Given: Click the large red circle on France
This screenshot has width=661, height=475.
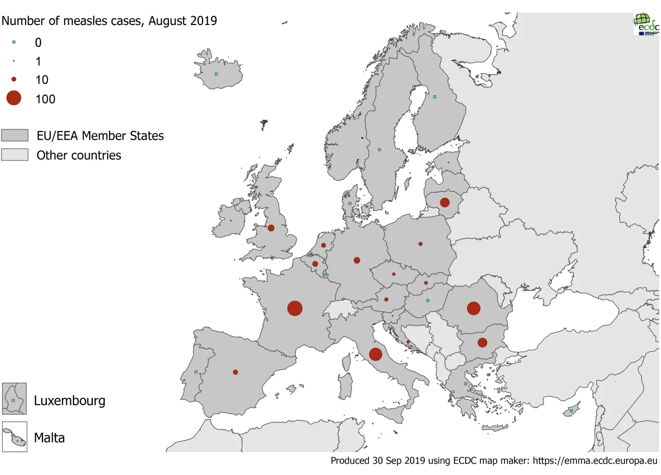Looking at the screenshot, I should (x=295, y=308).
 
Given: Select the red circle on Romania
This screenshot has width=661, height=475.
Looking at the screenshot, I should (x=473, y=308).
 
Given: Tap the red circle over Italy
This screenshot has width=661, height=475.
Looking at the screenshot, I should (x=375, y=354).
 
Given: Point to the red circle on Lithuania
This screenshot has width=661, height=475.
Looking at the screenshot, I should (x=445, y=202).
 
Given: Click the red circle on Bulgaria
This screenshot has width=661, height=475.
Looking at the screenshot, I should (x=482, y=342).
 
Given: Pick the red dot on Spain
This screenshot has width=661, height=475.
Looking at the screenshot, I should (x=235, y=372).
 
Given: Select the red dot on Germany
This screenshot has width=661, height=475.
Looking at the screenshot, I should (x=357, y=260).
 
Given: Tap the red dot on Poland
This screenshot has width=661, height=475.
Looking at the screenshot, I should (x=420, y=244).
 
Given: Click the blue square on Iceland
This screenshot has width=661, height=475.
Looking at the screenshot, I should (x=216, y=74).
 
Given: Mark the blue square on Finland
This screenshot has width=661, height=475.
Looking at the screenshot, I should (x=435, y=97).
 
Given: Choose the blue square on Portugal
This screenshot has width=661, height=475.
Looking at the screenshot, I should (x=196, y=372).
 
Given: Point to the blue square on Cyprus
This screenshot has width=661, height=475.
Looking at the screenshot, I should (x=571, y=411).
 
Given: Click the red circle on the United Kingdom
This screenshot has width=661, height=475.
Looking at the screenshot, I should (x=271, y=228).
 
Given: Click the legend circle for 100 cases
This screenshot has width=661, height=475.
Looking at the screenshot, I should (x=14, y=98).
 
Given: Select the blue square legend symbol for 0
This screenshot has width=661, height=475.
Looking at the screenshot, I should (x=14, y=42).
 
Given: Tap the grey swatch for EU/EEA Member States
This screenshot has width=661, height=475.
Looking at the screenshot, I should (x=15, y=136).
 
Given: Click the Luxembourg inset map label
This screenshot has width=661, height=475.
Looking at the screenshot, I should (x=69, y=401).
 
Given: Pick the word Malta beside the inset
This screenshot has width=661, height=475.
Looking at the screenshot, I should (x=49, y=438).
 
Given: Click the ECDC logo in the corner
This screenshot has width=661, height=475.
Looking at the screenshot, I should (x=646, y=24).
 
